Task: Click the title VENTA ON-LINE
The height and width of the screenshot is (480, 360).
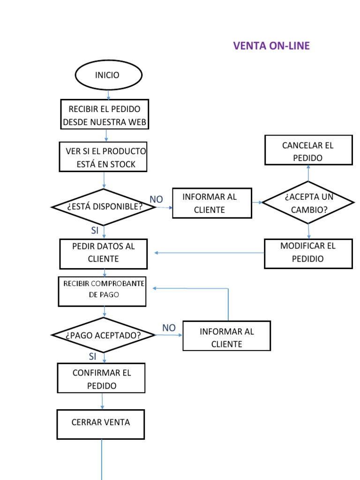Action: click(x=271, y=46)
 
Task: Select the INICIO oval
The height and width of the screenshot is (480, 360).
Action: click(x=108, y=75)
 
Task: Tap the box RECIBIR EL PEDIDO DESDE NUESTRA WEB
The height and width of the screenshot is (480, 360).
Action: click(x=105, y=115)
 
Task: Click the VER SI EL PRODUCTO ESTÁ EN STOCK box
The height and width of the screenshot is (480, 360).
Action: click(x=103, y=157)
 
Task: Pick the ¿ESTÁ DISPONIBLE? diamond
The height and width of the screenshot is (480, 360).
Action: click(x=104, y=207)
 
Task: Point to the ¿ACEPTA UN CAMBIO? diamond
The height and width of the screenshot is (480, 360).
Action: click(x=308, y=203)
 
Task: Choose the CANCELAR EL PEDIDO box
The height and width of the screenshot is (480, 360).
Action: click(x=308, y=151)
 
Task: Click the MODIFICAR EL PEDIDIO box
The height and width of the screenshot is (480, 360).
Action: click(x=308, y=253)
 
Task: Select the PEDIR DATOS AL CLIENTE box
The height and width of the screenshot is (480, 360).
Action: click(x=104, y=253)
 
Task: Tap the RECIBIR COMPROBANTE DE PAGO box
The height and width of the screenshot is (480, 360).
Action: click(x=102, y=291)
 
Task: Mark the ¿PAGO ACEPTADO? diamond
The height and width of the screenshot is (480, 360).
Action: click(x=103, y=335)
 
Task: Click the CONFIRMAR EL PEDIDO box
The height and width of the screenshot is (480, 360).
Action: click(x=101, y=379)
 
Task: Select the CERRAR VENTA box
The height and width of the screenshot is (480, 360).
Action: click(x=100, y=424)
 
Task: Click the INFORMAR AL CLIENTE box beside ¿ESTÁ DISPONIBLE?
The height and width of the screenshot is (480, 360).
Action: click(x=212, y=203)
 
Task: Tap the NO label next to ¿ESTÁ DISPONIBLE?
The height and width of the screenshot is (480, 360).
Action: click(x=156, y=200)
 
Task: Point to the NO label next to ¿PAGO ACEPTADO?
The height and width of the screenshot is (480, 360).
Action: click(x=169, y=328)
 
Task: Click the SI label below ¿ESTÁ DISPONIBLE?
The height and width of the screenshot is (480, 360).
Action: click(x=94, y=230)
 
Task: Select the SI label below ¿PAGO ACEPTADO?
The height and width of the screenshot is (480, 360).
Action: click(x=92, y=357)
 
